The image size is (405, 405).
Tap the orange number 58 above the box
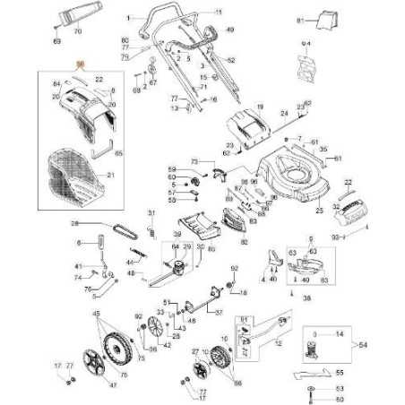pyautogui.click(x=79, y=65)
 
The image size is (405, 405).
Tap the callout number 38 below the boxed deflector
pyautogui.click(x=307, y=296)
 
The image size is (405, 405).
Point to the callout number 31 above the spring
pyautogui.click(x=151, y=211)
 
